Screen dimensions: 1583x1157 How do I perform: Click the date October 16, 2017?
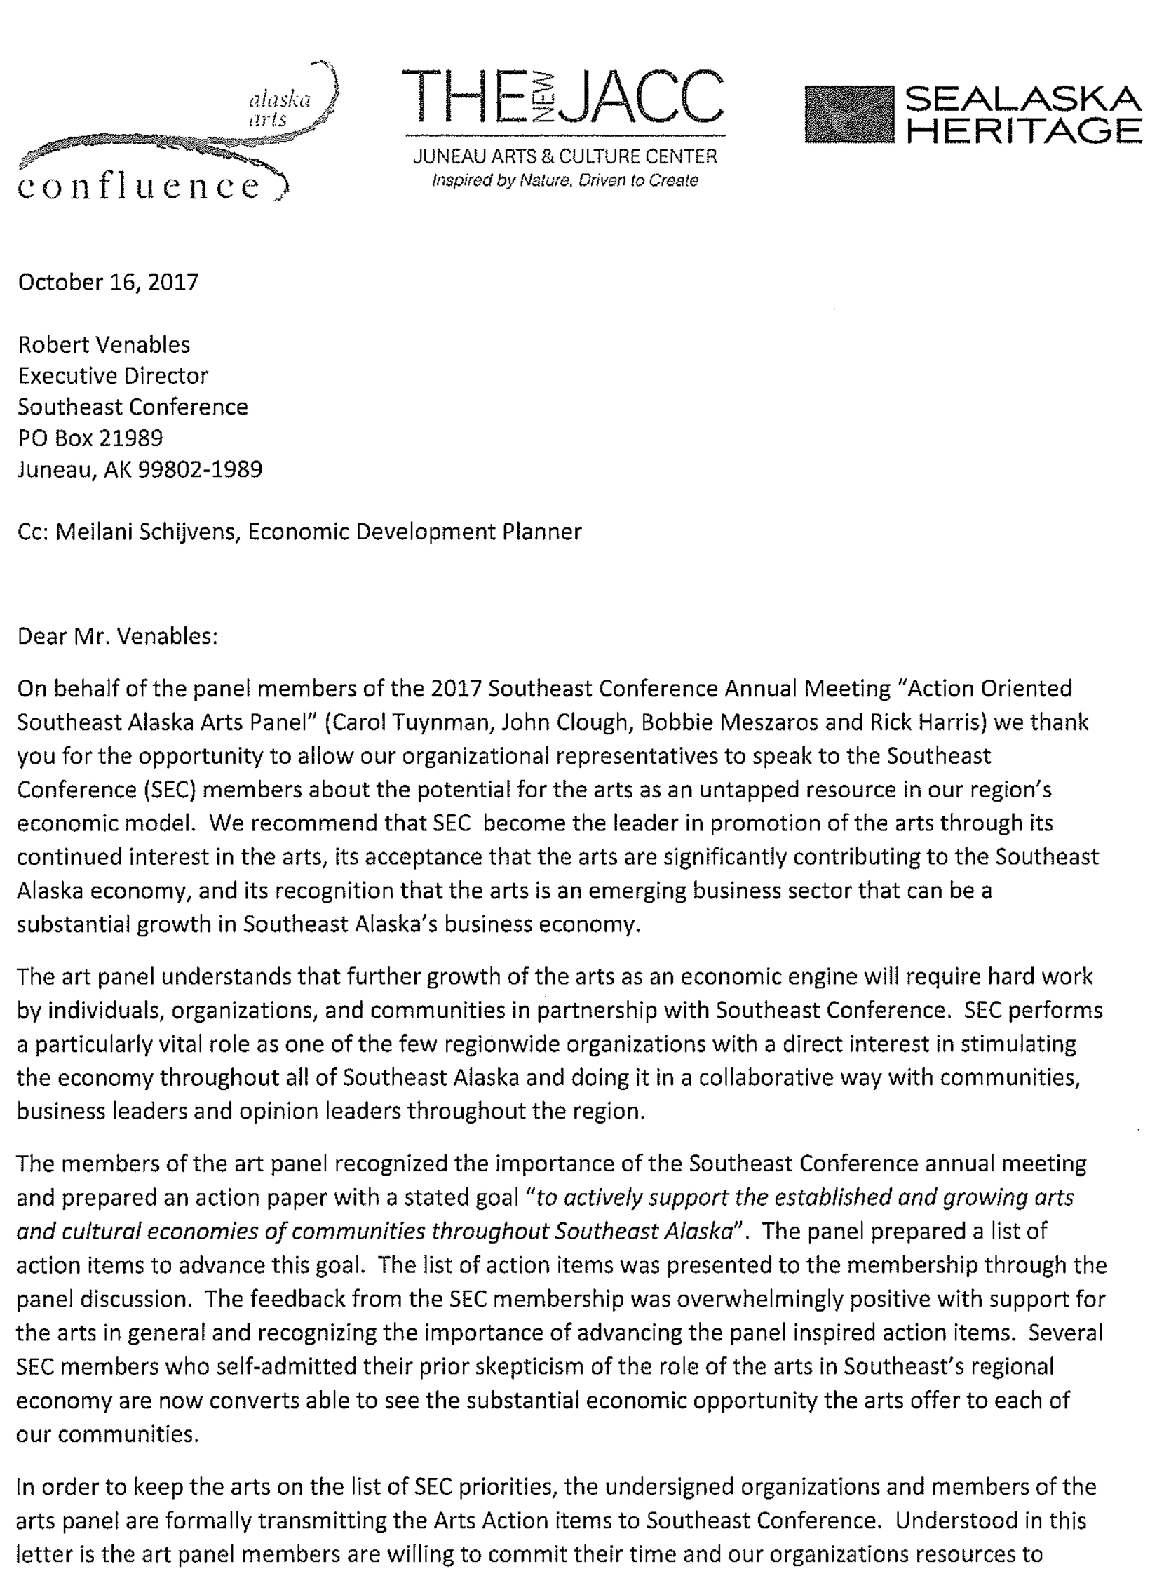point(108,282)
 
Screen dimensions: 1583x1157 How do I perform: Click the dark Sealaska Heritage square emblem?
point(848,114)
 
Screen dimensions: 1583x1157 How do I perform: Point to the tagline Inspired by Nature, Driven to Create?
point(565,180)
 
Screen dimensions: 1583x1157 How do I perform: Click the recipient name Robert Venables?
point(104,344)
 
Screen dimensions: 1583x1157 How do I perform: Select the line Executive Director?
point(113,376)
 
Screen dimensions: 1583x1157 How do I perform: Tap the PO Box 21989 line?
point(90,438)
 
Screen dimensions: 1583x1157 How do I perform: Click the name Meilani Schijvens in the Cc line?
point(148,532)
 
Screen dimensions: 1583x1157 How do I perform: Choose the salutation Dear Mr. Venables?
point(118,635)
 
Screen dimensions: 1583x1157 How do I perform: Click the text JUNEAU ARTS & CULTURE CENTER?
point(565,156)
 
